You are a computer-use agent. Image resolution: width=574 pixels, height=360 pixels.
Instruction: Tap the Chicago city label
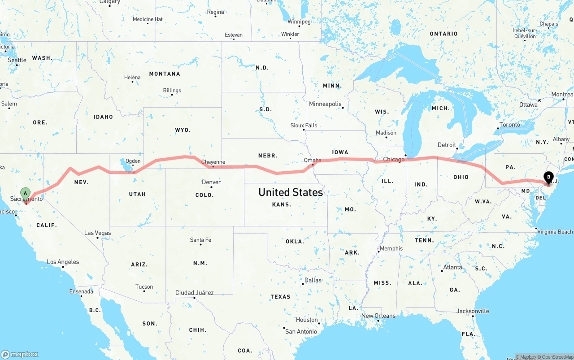(394, 160)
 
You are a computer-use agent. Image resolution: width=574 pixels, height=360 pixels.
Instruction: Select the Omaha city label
(313, 160)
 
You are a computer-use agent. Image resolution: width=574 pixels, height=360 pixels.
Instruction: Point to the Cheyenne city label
(213, 162)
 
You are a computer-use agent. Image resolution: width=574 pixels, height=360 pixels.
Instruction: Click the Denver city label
(211, 182)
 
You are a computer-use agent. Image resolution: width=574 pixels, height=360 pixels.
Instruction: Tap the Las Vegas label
(97, 233)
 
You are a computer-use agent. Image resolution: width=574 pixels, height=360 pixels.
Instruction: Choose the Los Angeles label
(63, 262)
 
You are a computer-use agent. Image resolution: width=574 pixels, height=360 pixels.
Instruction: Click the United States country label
(291, 192)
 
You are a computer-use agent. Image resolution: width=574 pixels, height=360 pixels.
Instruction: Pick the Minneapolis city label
(325, 104)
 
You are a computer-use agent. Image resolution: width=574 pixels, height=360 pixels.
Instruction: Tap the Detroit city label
(447, 145)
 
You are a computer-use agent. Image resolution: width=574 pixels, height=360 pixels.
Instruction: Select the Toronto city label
(510, 125)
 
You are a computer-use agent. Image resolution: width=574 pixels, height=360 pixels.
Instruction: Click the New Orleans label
(378, 316)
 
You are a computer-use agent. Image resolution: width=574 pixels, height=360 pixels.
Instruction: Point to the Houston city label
(307, 320)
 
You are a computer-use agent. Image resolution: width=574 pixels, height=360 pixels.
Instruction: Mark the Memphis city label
(391, 248)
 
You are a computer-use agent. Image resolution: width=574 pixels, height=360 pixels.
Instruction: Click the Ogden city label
(133, 161)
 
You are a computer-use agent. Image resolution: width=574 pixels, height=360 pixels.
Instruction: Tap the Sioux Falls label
(304, 126)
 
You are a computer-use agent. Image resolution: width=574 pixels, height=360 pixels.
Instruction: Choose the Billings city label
(172, 90)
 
